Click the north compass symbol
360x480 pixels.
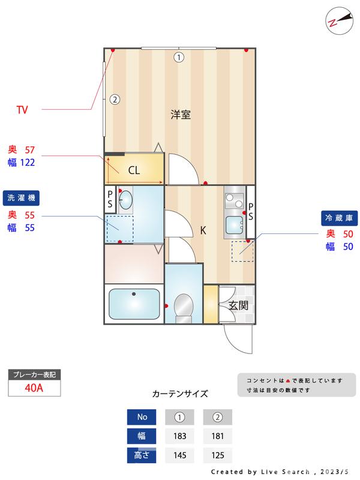click(x=338, y=20)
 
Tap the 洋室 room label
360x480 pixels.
click(x=180, y=115)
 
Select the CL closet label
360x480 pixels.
click(x=134, y=170)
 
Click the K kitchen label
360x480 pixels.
click(x=203, y=230)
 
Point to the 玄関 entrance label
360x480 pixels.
click(x=238, y=305)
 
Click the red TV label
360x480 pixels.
click(x=22, y=110)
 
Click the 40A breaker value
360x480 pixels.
click(x=34, y=388)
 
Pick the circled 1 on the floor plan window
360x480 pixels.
click(x=178, y=58)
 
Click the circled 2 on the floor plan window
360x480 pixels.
click(x=115, y=100)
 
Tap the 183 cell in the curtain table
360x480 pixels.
click(x=179, y=436)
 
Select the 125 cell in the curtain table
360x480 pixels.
click(x=218, y=455)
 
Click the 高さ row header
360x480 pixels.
click(x=142, y=455)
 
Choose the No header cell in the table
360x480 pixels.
click(x=142, y=416)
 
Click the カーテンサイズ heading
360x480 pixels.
click(x=180, y=394)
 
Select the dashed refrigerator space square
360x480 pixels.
click(x=243, y=250)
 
